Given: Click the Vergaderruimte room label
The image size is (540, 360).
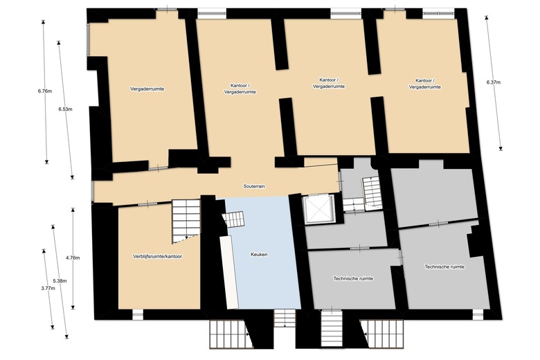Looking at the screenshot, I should click(x=151, y=89).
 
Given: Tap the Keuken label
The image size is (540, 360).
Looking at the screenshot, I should click(x=259, y=255).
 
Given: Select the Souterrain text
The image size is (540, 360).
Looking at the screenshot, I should click(x=255, y=186).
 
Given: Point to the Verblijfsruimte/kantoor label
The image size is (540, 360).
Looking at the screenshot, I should click(x=157, y=257).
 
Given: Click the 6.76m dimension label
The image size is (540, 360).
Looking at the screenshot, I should click(x=45, y=91).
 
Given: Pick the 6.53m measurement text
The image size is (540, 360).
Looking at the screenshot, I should click(x=66, y=109).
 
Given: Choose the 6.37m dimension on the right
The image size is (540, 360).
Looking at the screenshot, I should click(x=494, y=82).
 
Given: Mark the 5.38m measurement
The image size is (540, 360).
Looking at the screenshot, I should click(x=60, y=280).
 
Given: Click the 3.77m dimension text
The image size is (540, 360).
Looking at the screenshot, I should click(x=47, y=288).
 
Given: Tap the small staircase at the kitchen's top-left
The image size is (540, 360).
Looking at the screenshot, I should click(x=234, y=219).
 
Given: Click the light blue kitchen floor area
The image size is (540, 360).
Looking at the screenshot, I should click(x=267, y=284).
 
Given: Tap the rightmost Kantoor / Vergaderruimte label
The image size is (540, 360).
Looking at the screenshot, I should click(x=424, y=84).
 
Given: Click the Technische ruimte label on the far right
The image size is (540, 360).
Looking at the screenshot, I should click(x=444, y=267).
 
